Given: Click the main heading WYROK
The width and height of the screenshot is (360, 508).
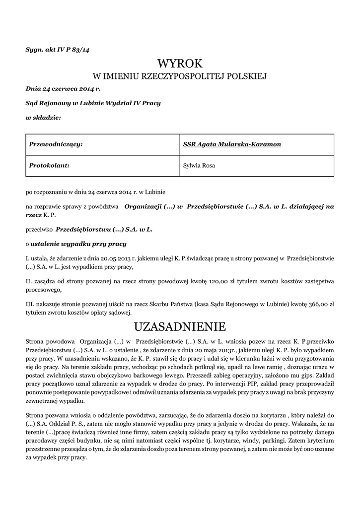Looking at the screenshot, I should [180, 63].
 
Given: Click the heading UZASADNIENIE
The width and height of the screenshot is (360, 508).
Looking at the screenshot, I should [180, 327].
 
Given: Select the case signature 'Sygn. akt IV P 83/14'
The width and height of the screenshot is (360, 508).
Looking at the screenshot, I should [58, 50].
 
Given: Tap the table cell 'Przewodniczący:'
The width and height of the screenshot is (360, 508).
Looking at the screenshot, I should [56, 144].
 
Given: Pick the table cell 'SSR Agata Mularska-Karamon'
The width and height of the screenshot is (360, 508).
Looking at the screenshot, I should [232, 144].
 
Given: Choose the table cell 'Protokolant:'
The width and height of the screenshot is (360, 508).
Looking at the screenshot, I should [50, 165].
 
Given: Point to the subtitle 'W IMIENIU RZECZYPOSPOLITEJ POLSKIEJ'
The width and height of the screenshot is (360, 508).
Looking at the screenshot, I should [180, 76].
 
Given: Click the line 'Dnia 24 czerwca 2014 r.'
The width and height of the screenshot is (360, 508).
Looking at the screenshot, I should [63, 89].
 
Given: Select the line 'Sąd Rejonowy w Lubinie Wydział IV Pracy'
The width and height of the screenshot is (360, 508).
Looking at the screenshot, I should [93, 103].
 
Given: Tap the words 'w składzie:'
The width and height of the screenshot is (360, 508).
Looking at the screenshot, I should [43, 118].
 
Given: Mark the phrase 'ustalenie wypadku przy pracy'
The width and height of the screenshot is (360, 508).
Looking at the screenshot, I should [78, 244].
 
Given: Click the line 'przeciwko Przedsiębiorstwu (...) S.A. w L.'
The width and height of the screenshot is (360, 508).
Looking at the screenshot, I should [89, 230].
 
